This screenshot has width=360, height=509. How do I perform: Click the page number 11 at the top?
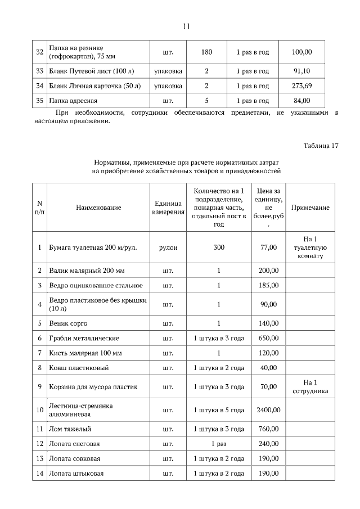tap(187, 26)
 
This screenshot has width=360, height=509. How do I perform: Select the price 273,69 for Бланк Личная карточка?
tap(302, 86)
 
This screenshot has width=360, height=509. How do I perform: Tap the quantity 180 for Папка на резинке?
tap(206, 52)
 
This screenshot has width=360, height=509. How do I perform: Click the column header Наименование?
tap(98, 208)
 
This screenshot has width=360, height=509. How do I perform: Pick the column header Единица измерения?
tap(168, 208)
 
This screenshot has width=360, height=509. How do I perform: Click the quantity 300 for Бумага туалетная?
tap(219, 247)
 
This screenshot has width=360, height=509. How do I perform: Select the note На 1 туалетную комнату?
tap(310, 247)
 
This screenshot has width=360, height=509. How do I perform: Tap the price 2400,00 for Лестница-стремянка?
tap(268, 409)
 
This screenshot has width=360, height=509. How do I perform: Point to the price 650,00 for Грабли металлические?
tap(268, 338)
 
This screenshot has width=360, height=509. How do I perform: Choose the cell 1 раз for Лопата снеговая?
tap(219, 444)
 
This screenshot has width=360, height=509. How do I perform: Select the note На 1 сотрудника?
tap(310, 387)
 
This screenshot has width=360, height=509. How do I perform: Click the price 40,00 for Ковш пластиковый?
tap(268, 368)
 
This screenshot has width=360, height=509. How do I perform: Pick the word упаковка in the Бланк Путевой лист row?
tap(168, 71)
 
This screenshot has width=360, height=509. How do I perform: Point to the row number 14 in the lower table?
tap(40, 474)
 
